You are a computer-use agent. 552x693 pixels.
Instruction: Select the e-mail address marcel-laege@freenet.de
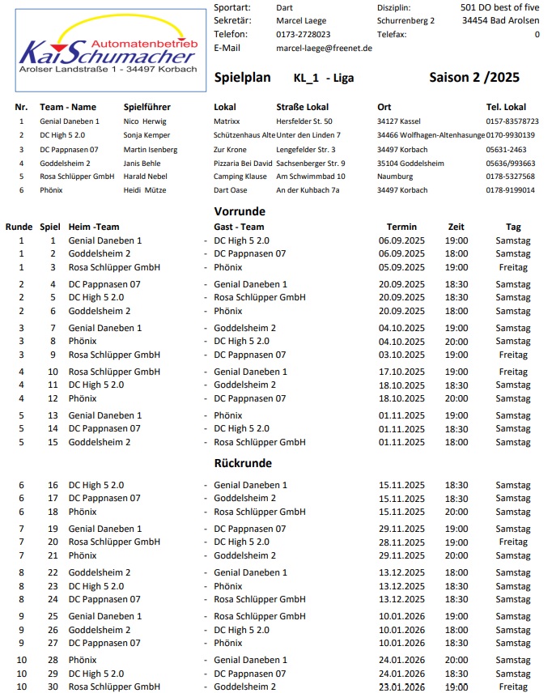[x=324, y=49]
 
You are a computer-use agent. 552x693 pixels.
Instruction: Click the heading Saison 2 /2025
[x=474, y=78]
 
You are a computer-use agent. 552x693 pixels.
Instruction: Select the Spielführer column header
[x=146, y=107]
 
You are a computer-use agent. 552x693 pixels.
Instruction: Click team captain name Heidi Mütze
[x=146, y=190]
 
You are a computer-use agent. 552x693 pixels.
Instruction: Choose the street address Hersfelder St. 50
[x=304, y=121]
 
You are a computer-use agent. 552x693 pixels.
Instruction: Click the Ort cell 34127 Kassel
[x=399, y=121]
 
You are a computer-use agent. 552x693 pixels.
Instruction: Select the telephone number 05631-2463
[x=506, y=150]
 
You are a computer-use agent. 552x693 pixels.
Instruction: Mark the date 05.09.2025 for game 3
[x=401, y=267]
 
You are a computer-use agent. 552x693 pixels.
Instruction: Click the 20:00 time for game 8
[x=456, y=342]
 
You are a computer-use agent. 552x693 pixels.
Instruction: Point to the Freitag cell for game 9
[x=513, y=355]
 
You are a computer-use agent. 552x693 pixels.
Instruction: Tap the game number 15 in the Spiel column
[x=53, y=442]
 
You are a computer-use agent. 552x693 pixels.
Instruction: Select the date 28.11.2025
[x=401, y=542]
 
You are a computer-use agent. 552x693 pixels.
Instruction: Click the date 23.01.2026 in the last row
[x=401, y=687]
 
